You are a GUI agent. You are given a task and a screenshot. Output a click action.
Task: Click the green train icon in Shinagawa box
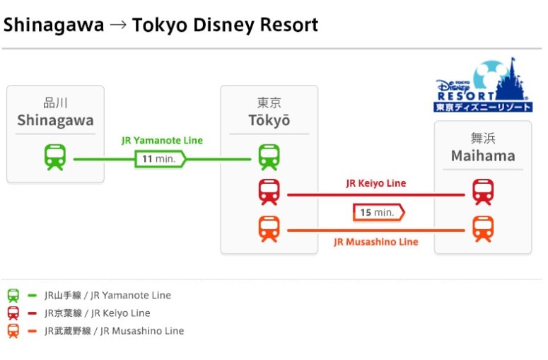tap(55, 157)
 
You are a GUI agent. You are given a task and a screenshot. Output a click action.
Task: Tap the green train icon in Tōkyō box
tap(269, 157)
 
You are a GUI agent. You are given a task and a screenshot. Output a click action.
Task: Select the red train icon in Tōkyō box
tap(269, 192)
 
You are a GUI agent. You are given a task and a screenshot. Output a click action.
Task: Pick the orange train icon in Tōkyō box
tap(269, 228)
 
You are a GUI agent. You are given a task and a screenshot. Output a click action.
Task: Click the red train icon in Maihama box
tap(483, 192)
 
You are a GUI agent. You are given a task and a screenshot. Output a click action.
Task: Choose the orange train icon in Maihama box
tap(483, 228)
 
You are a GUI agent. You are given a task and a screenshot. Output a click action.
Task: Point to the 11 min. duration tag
tap(160, 158)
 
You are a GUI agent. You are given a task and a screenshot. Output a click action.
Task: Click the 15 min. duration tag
tap(378, 212)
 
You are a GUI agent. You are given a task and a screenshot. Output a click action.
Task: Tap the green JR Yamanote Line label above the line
tap(162, 140)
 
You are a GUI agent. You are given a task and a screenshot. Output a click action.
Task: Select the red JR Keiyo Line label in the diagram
tap(375, 183)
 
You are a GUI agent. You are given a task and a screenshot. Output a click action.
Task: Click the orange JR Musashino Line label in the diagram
tap(375, 242)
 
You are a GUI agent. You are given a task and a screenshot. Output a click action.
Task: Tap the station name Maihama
tap(483, 156)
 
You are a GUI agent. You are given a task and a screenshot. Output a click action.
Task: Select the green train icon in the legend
tap(13, 296)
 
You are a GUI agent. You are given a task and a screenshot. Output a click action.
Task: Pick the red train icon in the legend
tap(13, 313)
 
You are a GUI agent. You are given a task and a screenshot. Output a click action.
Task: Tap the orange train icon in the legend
tap(13, 331)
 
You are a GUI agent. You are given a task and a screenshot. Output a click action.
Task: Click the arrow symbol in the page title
tap(118, 26)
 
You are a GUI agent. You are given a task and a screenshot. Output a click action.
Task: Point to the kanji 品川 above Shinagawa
tap(55, 103)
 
